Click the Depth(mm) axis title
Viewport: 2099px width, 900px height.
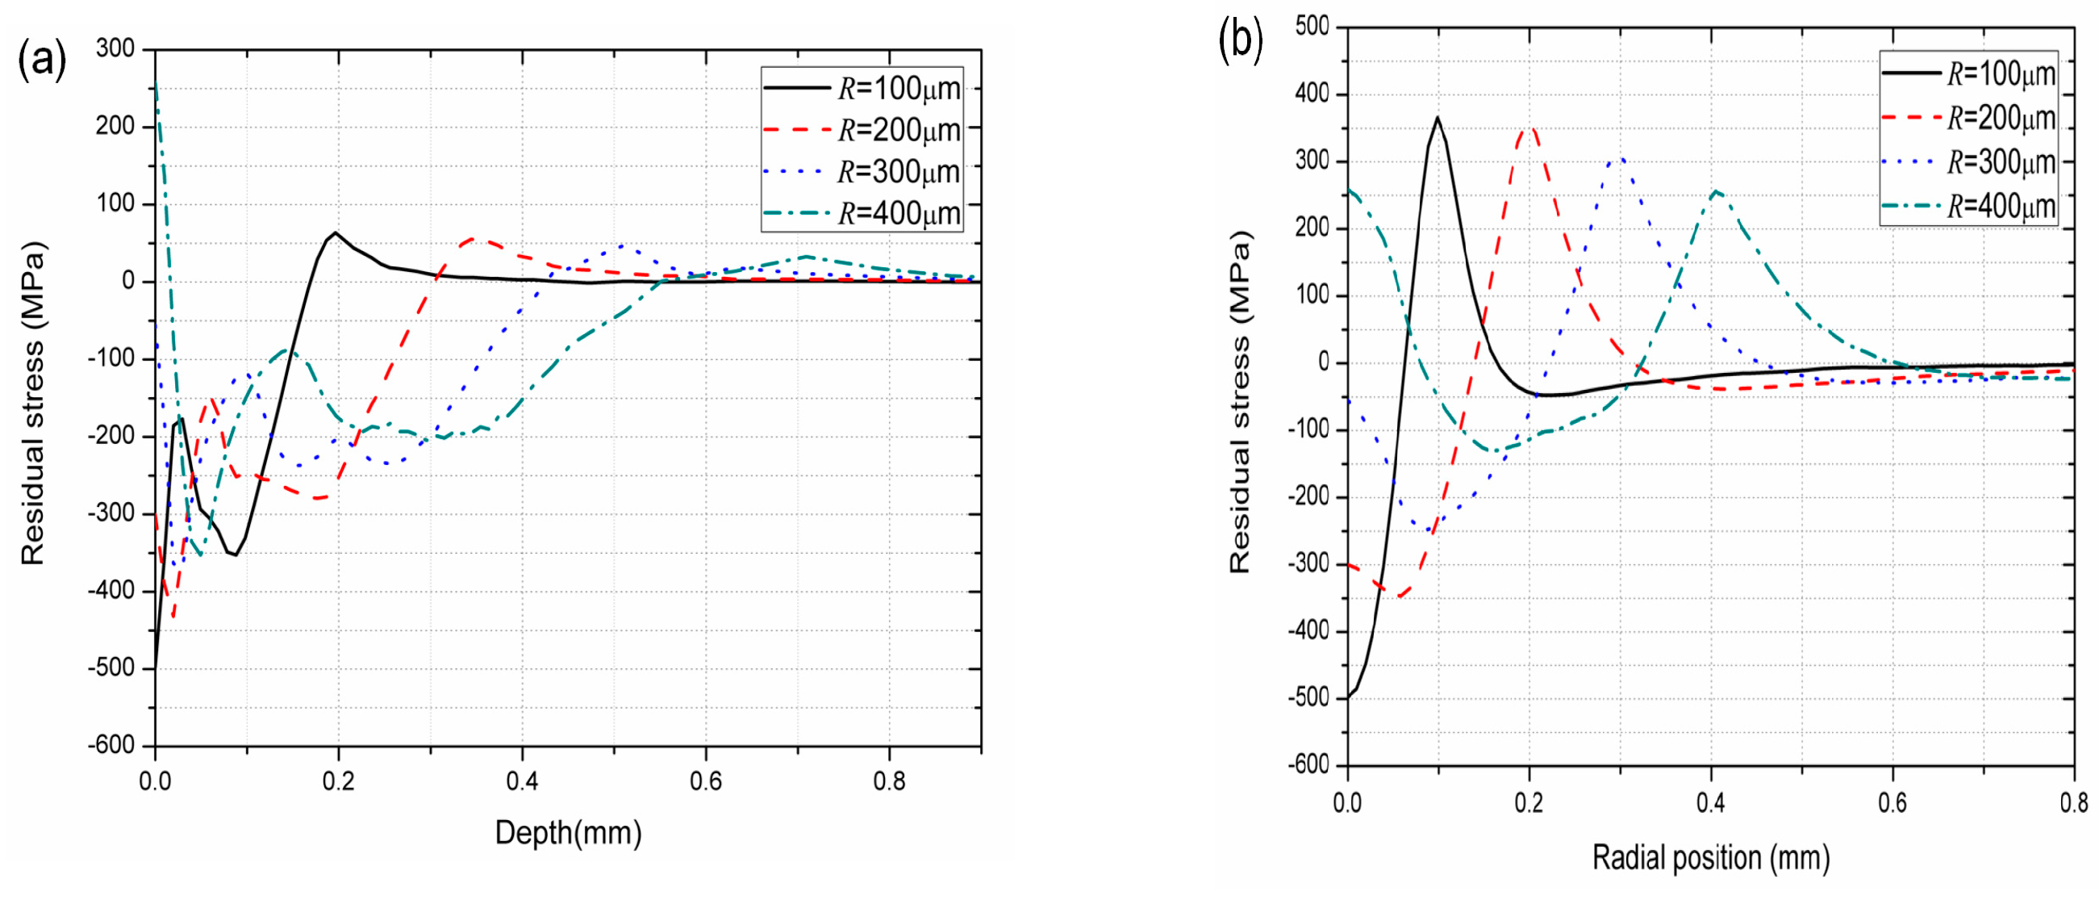point(568,832)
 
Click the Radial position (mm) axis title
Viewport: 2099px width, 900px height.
point(1711,858)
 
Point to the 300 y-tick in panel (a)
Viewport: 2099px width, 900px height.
point(115,49)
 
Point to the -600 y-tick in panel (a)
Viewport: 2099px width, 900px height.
point(111,745)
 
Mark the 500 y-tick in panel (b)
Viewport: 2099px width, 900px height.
point(1312,26)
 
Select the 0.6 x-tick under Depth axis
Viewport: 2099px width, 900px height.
point(706,781)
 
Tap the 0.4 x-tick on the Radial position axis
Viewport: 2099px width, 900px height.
point(1710,803)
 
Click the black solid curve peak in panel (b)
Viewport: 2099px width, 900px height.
point(1438,117)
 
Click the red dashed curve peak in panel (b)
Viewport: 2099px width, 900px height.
point(1530,128)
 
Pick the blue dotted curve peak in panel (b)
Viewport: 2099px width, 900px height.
point(1621,160)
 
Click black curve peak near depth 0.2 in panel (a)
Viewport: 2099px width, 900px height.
point(335,232)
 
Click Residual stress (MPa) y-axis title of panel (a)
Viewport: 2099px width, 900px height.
point(33,404)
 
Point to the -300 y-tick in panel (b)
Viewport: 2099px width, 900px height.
point(1308,563)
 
